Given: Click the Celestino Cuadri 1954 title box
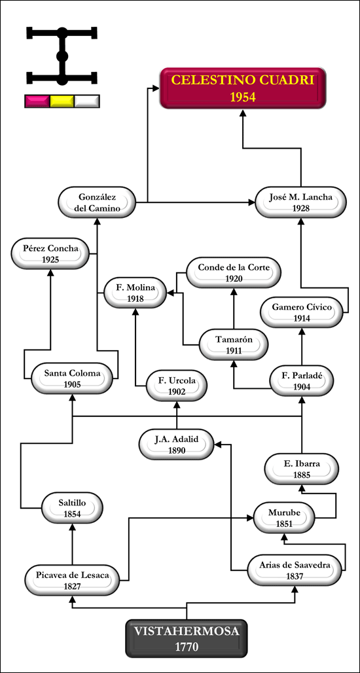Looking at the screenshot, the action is (243, 88).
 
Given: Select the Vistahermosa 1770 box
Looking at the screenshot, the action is (187, 638).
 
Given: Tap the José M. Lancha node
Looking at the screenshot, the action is (300, 202).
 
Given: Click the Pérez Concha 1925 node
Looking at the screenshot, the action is (50, 254).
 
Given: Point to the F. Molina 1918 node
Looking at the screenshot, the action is (135, 293).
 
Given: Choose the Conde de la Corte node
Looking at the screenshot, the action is (234, 272).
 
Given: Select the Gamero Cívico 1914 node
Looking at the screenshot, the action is (302, 312).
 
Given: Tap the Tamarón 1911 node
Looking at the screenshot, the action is (234, 345).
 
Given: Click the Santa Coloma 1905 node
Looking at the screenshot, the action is (72, 378).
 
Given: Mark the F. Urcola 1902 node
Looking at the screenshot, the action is (177, 386).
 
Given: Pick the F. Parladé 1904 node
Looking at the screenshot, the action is (302, 381).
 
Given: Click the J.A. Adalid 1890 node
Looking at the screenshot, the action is (177, 445).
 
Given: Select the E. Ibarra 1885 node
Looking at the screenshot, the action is (302, 469).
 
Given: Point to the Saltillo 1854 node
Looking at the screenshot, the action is (72, 508).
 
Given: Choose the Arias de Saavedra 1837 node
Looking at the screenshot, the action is (295, 570).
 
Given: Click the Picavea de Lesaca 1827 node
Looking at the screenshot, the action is (72, 580).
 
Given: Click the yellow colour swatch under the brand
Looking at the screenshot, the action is (62, 101).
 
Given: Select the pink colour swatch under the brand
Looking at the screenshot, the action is (37, 101).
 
